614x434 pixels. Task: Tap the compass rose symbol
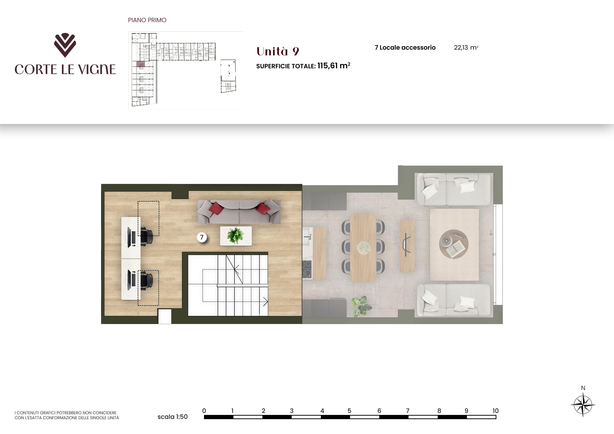[x=583, y=405]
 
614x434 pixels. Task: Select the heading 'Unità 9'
[x=278, y=51]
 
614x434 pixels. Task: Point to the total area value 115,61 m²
[x=334, y=66]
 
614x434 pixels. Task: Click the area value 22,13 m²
[x=466, y=48]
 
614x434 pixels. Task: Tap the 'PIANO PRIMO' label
[x=147, y=20]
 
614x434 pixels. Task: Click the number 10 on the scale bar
[x=495, y=411]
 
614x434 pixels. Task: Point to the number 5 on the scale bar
[x=349, y=411]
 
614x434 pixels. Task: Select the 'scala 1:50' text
[x=173, y=417]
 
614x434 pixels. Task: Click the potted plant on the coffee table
[x=235, y=235]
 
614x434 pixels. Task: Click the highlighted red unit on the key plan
[x=141, y=64]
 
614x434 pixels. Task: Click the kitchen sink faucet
[x=308, y=237]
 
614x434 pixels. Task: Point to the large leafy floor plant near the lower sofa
[x=361, y=306]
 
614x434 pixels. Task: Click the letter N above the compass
[x=583, y=388]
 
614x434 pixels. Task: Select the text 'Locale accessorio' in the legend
[x=408, y=48]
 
